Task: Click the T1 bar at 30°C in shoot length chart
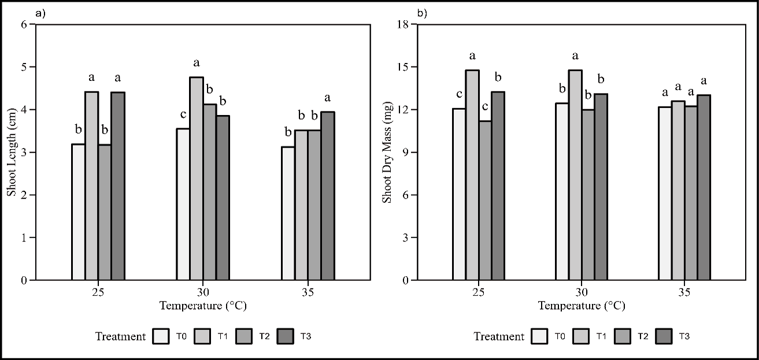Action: pos(197,179)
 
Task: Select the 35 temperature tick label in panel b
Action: pos(685,292)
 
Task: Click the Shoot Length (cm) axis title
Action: pos(12,152)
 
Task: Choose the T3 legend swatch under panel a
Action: pos(285,336)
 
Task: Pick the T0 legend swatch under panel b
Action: pos(540,336)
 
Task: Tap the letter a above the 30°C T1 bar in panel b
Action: pos(575,56)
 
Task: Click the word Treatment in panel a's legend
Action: pos(121,336)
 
